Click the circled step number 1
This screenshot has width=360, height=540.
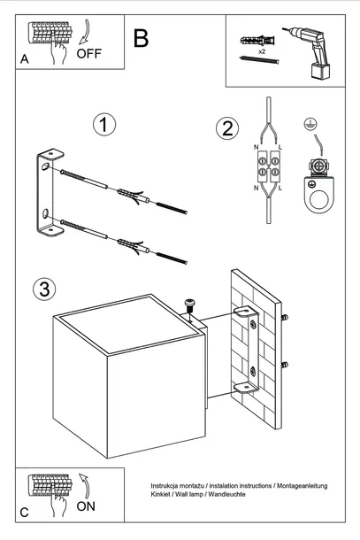(104, 125)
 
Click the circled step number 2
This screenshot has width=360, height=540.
(226, 128)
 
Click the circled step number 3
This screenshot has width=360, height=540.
(42, 289)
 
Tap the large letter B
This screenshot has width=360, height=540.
(141, 38)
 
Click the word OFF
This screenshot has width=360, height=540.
(90, 53)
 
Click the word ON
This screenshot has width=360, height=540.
(88, 506)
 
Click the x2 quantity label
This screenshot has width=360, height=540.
(263, 52)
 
